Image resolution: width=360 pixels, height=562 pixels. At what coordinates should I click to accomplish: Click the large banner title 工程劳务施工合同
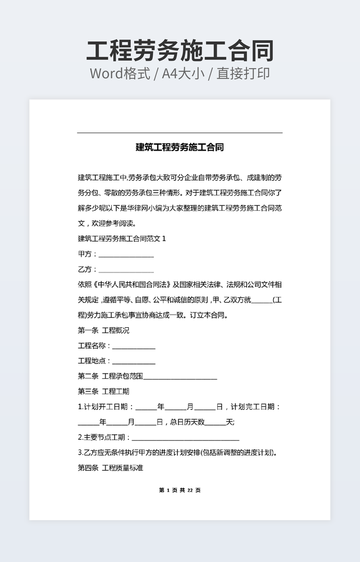coord(180,51)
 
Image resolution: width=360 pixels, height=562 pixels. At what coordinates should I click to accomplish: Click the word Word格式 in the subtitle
coord(119,73)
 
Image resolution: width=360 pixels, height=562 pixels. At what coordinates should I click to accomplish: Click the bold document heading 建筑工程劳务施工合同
coord(179,147)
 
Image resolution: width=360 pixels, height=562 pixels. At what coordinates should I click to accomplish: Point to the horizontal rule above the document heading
coord(179,133)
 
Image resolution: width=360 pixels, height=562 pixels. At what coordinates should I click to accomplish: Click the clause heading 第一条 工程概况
coord(103,330)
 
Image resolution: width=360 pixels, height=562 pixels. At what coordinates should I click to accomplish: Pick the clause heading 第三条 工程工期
coord(103,392)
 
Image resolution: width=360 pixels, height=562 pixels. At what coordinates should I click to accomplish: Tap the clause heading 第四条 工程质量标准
coord(110,468)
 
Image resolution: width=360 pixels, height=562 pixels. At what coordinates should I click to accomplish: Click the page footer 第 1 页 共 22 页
coord(179,490)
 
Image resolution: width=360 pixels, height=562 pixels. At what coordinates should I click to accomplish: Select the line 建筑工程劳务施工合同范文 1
coord(122,238)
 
